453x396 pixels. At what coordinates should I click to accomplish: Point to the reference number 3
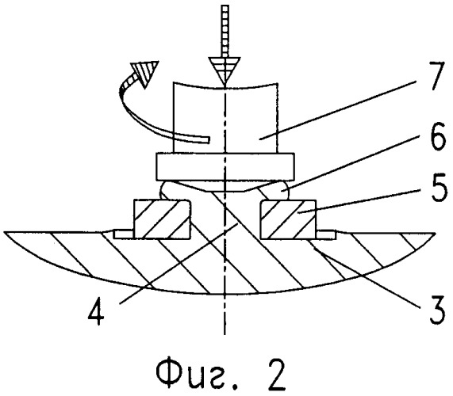(436, 310)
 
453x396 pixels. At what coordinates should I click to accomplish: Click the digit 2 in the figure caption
(276, 375)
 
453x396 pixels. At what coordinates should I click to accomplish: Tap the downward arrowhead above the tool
(225, 71)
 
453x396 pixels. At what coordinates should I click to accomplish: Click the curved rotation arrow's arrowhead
(145, 73)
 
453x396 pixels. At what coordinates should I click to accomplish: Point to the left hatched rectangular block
(162, 219)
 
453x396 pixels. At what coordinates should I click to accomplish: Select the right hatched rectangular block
(288, 219)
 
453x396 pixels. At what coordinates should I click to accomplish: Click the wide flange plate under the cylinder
(225, 166)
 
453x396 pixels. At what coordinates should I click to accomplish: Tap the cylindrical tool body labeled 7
(225, 118)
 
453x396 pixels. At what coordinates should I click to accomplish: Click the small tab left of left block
(123, 234)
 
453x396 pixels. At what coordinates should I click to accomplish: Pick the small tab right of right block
(326, 234)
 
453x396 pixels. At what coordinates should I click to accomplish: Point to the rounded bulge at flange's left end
(165, 190)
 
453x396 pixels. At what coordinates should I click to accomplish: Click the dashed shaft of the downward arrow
(225, 31)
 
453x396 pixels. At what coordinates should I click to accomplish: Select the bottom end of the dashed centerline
(225, 334)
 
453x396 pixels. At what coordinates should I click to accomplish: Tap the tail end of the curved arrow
(209, 139)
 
